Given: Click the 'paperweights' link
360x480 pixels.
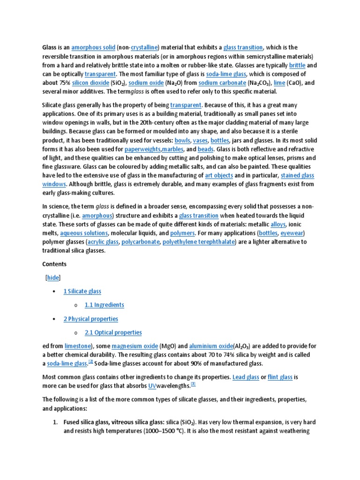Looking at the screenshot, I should click(x=142, y=149).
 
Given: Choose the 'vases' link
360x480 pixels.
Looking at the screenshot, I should click(x=200, y=140).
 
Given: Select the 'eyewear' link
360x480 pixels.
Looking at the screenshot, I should click(x=292, y=233).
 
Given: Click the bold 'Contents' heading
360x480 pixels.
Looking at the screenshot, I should click(x=54, y=264).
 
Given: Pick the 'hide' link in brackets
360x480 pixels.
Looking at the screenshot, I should click(x=53, y=277).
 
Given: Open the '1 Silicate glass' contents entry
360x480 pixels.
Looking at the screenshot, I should click(x=82, y=291).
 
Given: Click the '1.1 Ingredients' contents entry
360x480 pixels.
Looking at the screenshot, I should click(x=104, y=305).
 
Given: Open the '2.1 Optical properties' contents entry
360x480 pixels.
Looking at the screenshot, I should click(x=113, y=332).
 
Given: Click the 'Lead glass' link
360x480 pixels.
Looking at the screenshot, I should click(x=246, y=377).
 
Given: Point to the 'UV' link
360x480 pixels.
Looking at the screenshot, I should click(x=152, y=386).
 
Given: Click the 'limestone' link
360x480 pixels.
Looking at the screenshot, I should click(x=77, y=346).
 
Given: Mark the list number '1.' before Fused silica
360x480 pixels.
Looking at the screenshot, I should click(x=55, y=422).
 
